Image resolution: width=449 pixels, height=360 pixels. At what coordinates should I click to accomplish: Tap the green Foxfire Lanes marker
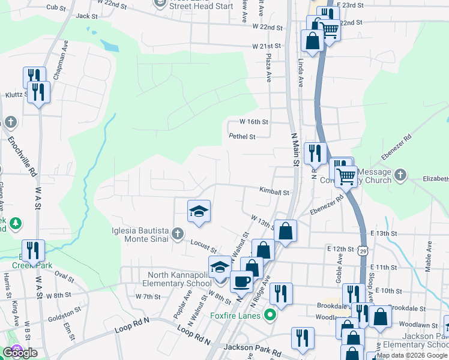pyautogui.click(x=271, y=315)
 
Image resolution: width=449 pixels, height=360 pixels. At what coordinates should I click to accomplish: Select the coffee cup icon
pyautogui.click(x=242, y=281)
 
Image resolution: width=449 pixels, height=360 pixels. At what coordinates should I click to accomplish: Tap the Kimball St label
pyautogui.click(x=274, y=193)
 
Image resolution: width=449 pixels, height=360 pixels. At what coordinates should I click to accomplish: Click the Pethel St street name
pyautogui.click(x=242, y=136)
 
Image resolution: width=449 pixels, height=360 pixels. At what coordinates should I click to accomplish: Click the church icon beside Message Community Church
pyautogui.click(x=401, y=176)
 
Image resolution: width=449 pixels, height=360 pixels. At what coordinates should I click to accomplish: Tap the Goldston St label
pyautogui.click(x=64, y=313)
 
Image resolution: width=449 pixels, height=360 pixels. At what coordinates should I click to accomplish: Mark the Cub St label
pyautogui.click(x=55, y=8)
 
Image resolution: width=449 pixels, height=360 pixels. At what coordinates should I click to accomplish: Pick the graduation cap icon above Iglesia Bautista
pyautogui.click(x=199, y=211)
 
